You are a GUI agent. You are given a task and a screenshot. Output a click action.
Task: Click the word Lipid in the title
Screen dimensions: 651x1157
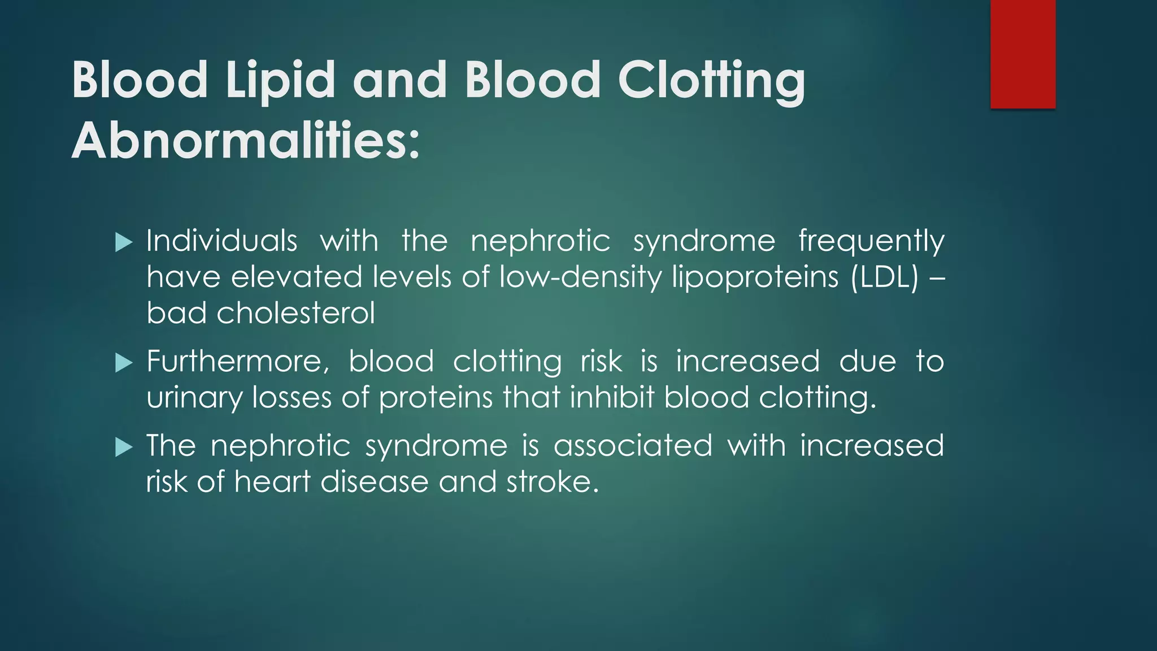(280, 80)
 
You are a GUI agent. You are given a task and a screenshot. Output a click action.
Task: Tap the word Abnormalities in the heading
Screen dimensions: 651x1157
(246, 141)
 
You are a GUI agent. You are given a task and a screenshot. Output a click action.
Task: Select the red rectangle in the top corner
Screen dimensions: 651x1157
(1023, 54)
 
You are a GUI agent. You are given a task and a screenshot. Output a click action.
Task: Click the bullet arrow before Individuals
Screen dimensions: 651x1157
(123, 242)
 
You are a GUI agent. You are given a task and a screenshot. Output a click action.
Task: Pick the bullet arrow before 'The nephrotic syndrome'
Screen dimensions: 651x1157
(123, 447)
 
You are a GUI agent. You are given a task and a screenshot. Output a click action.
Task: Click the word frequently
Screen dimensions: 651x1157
(871, 242)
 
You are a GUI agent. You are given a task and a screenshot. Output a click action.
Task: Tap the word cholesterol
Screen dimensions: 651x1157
(295, 313)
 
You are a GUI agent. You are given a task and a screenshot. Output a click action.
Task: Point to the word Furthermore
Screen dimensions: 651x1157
(237, 362)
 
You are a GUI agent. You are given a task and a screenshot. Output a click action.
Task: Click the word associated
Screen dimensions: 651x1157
(633, 446)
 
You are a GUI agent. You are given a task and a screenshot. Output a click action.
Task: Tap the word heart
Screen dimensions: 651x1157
(272, 482)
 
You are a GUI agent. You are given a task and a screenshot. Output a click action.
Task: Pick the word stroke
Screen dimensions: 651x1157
(551, 482)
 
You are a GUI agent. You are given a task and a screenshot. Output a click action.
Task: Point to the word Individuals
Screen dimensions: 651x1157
(221, 241)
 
